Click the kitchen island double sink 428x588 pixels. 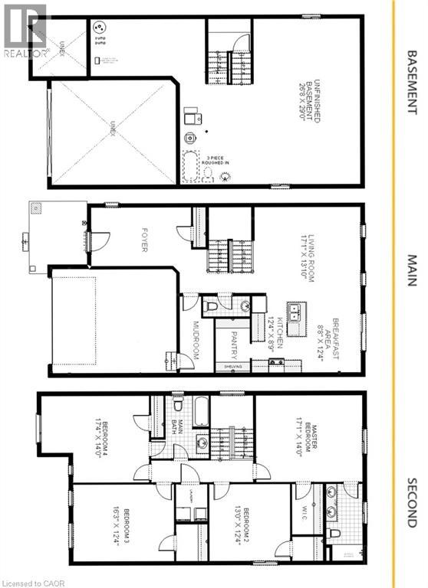coord(296,311)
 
